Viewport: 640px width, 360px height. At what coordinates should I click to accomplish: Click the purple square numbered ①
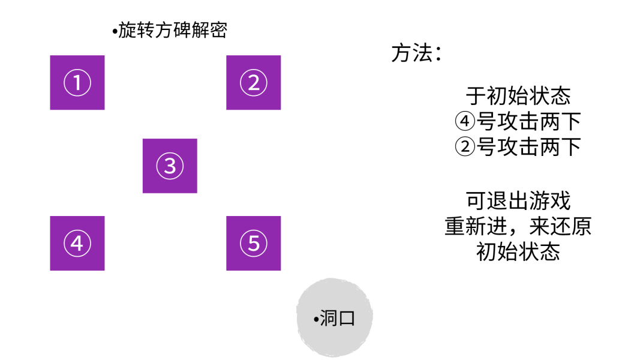77,83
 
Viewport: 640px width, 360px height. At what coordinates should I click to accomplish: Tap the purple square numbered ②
253,83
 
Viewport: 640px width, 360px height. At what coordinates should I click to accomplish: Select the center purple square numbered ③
170,166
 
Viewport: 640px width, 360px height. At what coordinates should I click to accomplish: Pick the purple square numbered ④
77,243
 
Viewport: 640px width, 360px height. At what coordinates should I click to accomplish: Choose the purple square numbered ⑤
253,243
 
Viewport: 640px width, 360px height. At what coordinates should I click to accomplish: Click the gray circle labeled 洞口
335,318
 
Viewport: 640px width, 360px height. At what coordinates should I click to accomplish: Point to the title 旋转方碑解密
172,30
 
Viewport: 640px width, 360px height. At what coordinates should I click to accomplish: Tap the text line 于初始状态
518,96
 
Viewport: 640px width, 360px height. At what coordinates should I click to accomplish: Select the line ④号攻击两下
518,122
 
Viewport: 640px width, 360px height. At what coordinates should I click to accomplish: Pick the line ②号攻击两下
518,147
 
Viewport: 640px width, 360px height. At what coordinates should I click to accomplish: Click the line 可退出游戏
518,200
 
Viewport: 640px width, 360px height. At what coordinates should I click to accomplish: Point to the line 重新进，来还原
518,226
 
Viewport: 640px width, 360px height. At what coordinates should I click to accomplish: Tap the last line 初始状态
518,252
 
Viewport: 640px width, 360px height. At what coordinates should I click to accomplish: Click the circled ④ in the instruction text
465,122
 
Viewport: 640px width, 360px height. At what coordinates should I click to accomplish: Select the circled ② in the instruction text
465,147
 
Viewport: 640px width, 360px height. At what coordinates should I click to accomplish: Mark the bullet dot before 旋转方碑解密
114,31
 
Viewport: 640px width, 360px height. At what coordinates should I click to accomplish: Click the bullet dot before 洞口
316,319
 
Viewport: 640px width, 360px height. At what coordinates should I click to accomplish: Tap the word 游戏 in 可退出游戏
557,200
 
